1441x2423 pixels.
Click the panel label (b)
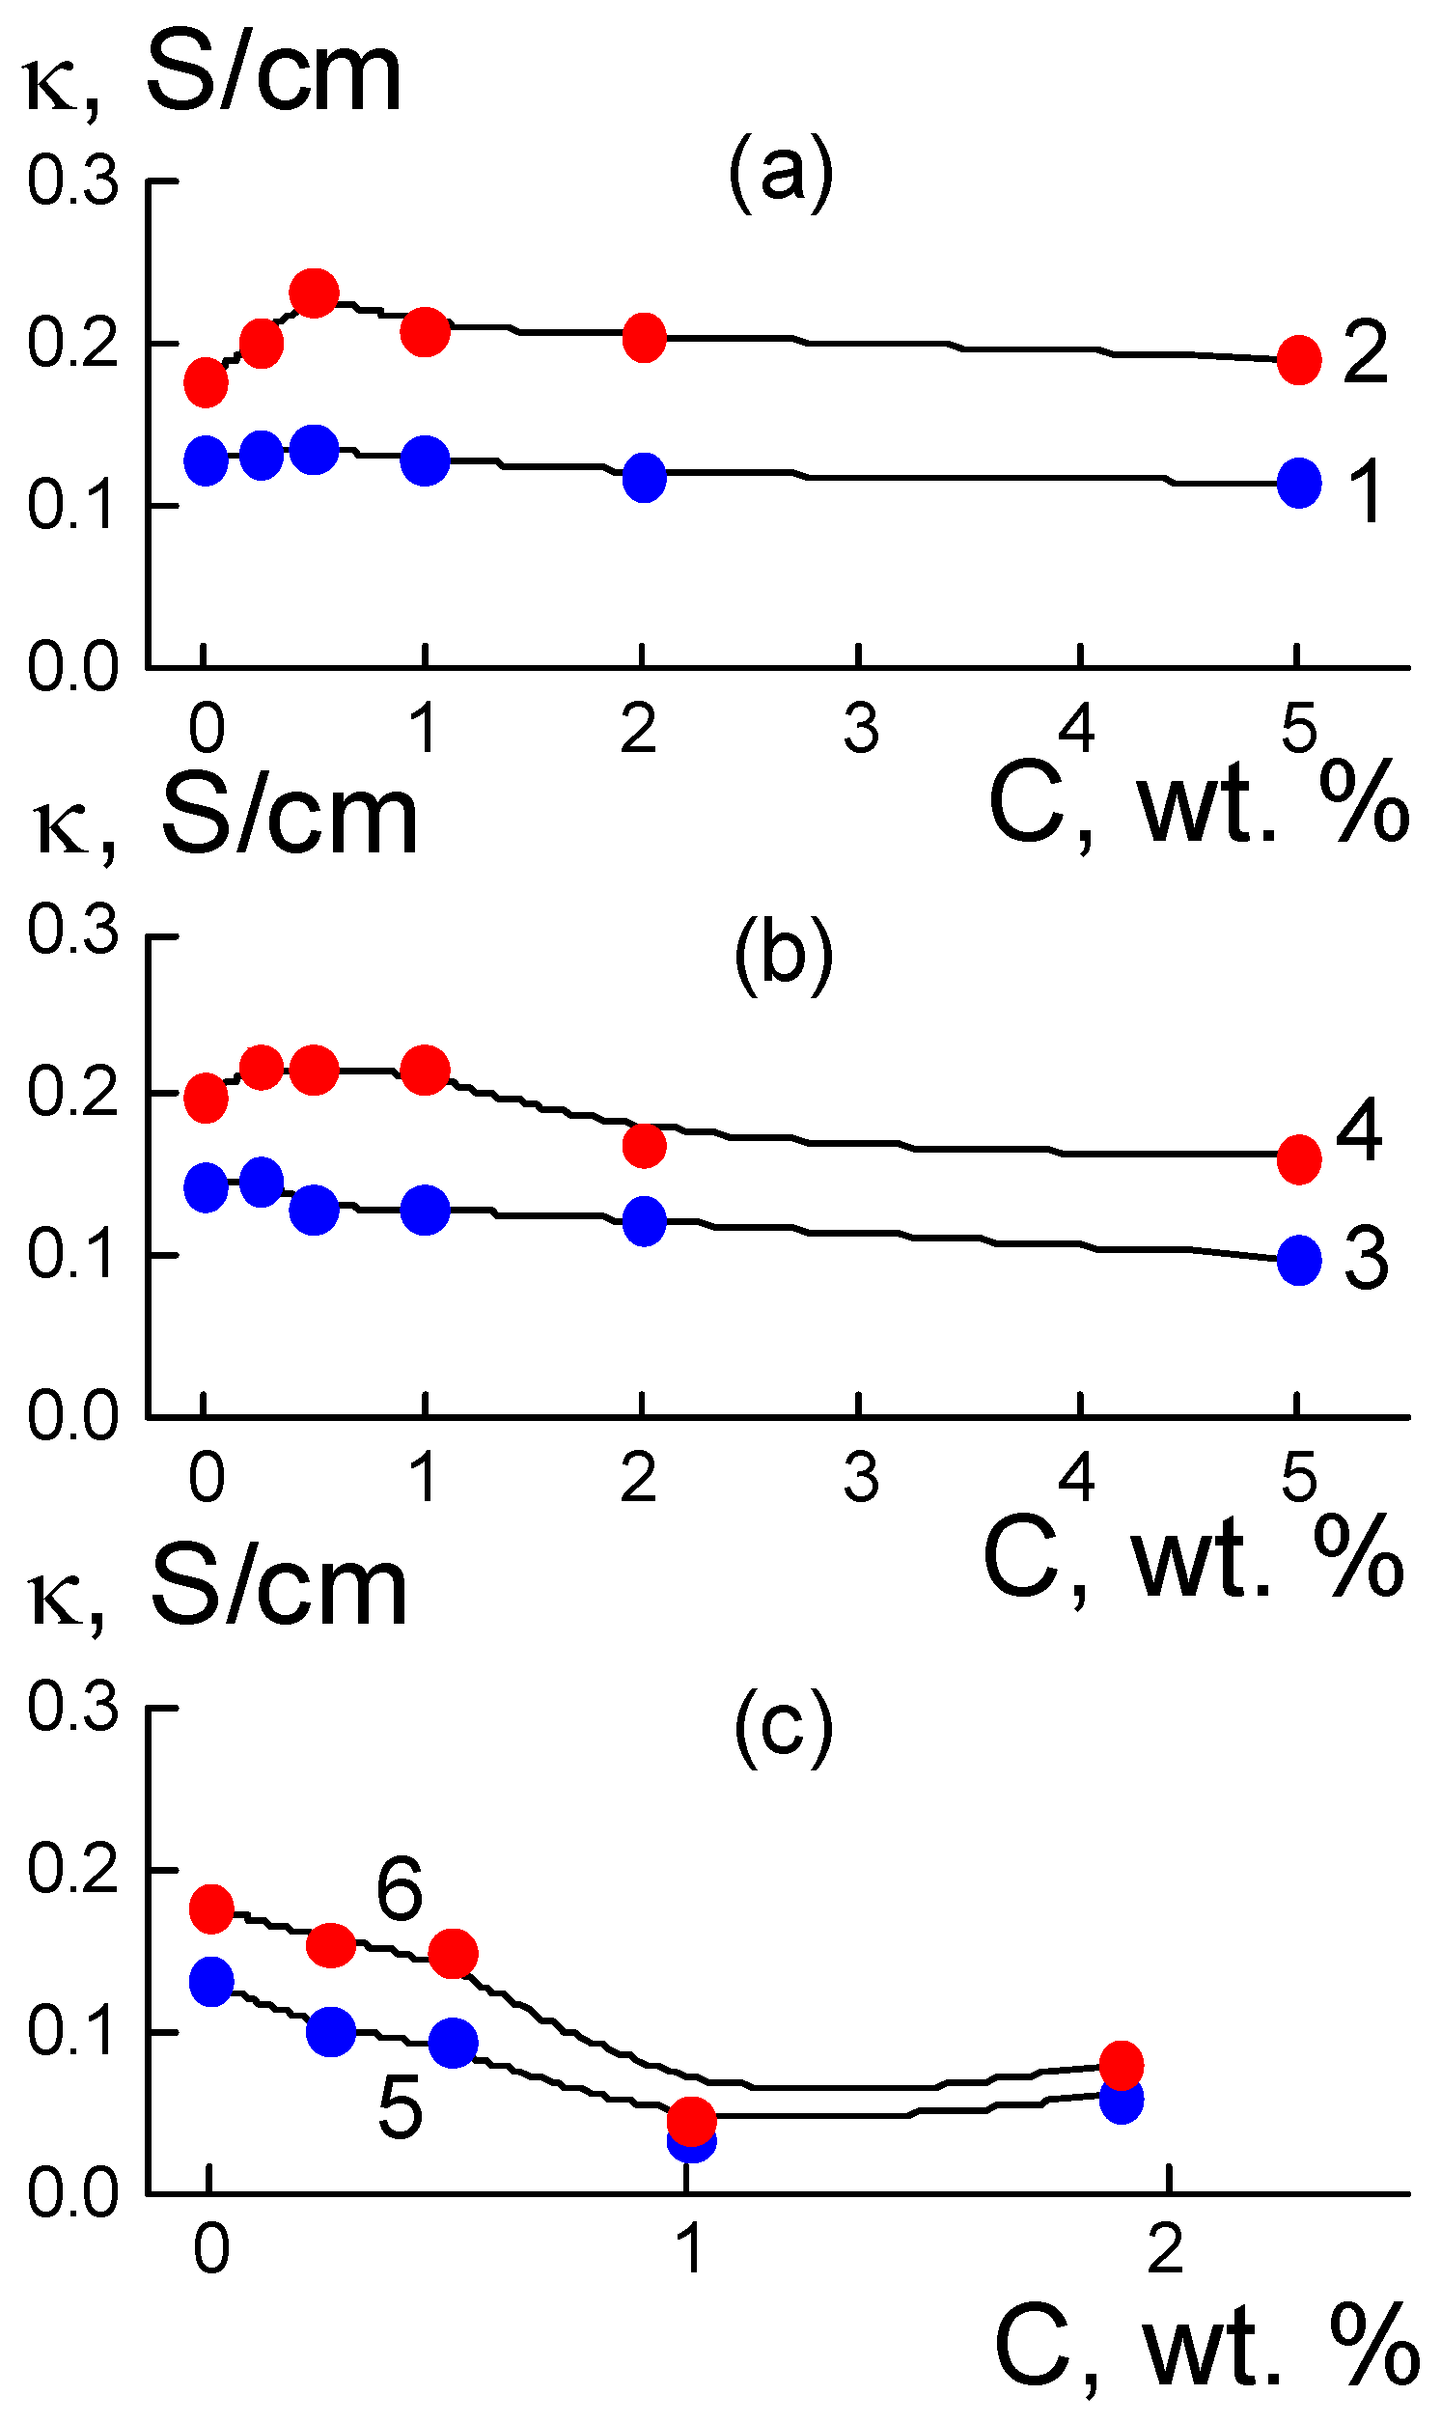[x=783, y=955]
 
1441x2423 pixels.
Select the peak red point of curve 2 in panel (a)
[x=314, y=292]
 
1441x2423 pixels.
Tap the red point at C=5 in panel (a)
[x=1298, y=360]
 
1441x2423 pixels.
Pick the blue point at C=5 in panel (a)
[x=1298, y=483]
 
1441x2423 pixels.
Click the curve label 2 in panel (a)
[x=1366, y=353]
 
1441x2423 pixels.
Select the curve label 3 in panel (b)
[x=1367, y=1260]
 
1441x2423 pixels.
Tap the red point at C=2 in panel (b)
[x=644, y=1146]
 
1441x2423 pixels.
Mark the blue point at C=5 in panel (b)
[x=1298, y=1261]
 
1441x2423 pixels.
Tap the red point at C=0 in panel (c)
[x=211, y=1909]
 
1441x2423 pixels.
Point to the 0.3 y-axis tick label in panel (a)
[x=71, y=181]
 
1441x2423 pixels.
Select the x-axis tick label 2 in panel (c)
[x=1165, y=2248]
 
